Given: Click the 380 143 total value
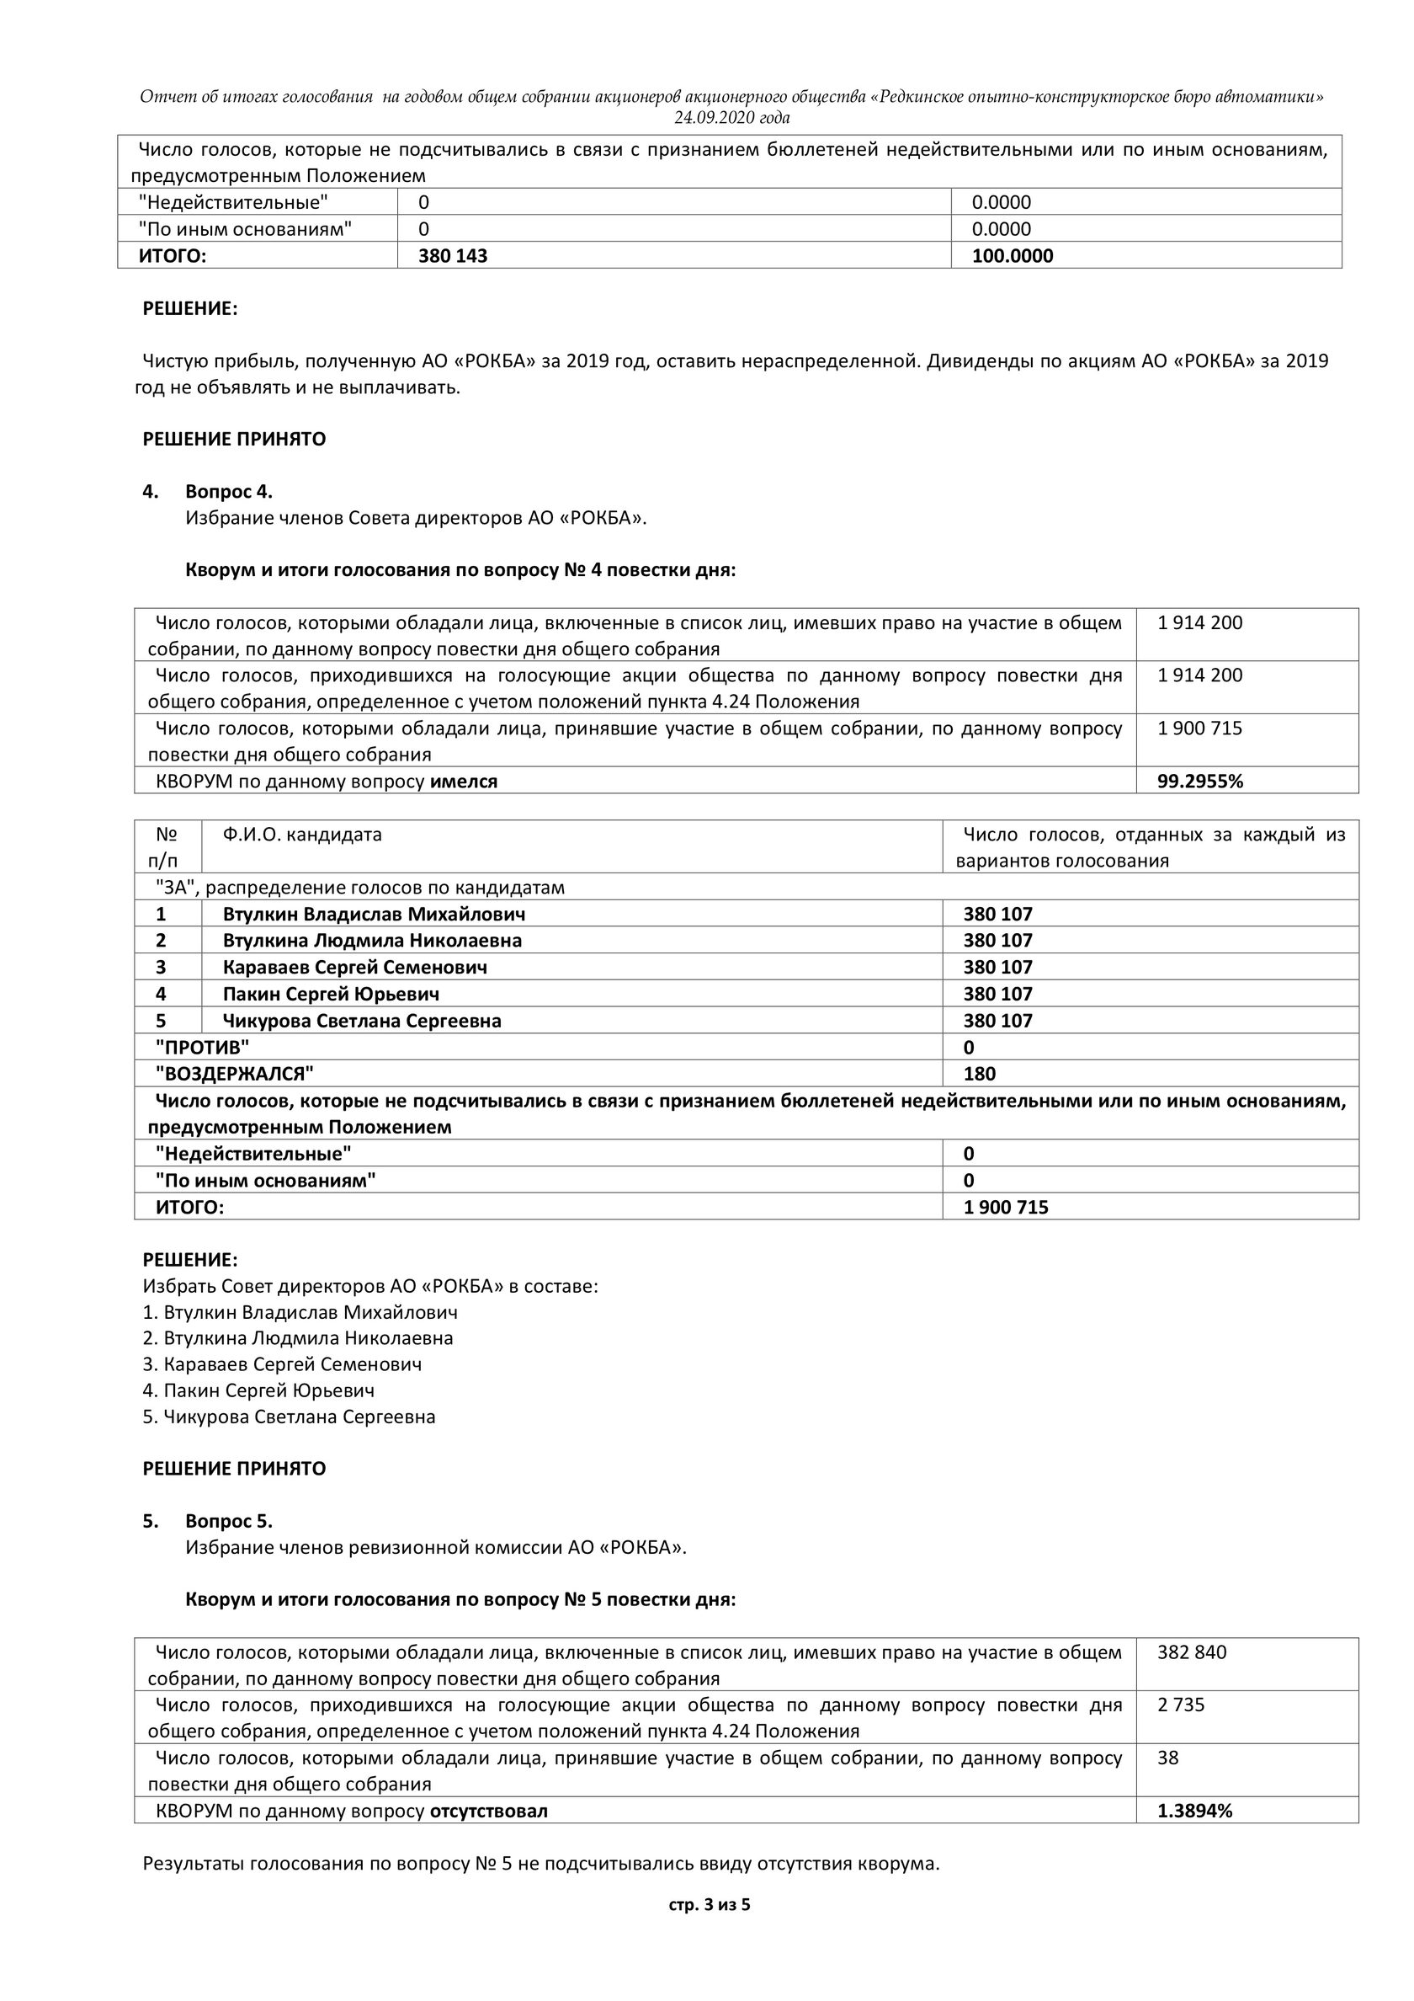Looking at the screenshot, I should [452, 255].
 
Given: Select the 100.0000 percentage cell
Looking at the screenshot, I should [1012, 255].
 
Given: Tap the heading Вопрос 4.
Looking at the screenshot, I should [228, 492].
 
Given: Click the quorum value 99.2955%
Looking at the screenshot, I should [1199, 781].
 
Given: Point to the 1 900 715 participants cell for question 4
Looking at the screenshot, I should [1199, 728].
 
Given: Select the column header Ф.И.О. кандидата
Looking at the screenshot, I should [301, 834].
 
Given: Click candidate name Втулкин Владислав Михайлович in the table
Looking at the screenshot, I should [374, 914].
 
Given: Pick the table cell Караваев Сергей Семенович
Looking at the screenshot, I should [354, 967].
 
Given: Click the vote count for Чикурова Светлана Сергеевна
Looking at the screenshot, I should [997, 1021].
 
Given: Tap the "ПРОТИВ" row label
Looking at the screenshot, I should [202, 1047].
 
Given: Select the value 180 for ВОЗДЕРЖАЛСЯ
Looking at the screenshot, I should [979, 1074].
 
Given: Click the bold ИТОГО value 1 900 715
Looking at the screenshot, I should [1006, 1207].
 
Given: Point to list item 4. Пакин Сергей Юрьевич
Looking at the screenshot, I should [258, 1390].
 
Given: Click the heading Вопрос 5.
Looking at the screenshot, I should [228, 1521].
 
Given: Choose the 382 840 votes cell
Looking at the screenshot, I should [1191, 1651].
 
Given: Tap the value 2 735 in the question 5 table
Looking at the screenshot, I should [1181, 1705].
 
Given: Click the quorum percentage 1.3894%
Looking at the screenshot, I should [1193, 1811].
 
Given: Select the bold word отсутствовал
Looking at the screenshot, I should [489, 1811].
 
